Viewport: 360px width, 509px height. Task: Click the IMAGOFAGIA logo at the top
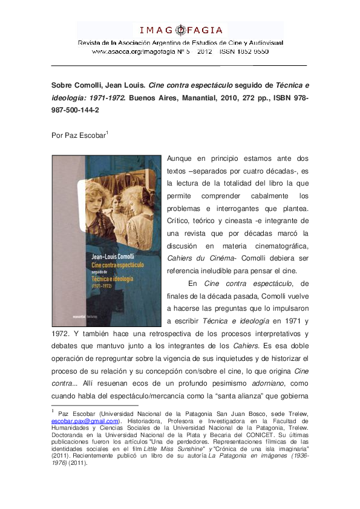180,30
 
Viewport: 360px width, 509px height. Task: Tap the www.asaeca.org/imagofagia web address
131,52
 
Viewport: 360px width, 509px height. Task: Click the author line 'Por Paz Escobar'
78,135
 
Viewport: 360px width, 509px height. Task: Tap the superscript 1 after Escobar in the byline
107,132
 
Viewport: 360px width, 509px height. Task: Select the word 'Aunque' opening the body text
182,158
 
